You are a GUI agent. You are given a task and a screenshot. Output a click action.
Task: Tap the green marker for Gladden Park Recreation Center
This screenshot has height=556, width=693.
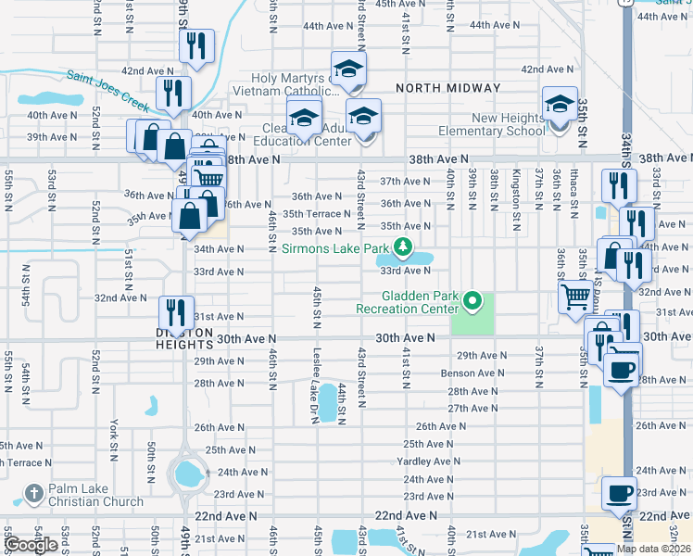472,300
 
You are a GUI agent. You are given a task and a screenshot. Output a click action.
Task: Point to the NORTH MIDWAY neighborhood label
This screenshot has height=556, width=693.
448,88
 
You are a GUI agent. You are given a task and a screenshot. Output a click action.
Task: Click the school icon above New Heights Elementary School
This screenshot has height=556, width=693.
561,105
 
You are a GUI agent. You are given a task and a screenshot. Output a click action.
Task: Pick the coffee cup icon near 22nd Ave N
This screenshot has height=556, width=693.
619,492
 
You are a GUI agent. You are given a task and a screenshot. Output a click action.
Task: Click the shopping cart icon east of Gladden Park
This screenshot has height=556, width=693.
576,297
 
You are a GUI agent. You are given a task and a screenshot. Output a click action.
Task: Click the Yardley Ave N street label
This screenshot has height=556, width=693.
428,461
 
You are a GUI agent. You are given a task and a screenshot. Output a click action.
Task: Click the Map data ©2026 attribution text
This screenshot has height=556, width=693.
653,549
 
